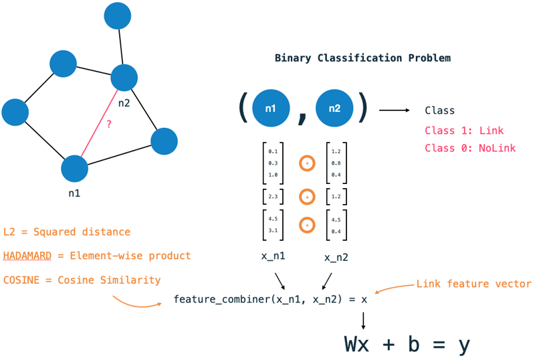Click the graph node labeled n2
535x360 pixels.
click(x=124, y=78)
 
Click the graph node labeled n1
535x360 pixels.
click(x=75, y=169)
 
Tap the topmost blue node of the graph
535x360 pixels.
click(x=118, y=16)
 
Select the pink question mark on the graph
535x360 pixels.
click(x=108, y=124)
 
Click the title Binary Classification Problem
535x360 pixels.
click(x=362, y=58)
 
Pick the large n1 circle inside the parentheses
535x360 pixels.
click(x=270, y=108)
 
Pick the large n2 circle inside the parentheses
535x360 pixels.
click(x=334, y=108)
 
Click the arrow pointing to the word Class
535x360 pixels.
click(x=395, y=110)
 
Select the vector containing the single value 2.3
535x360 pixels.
click(x=273, y=197)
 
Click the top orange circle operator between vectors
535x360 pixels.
click(x=306, y=163)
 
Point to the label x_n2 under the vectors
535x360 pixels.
click(x=336, y=257)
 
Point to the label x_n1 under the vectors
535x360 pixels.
click(x=274, y=256)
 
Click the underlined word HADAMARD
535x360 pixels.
click(x=27, y=256)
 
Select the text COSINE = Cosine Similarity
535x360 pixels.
click(x=82, y=279)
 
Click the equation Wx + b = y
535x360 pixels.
click(x=407, y=344)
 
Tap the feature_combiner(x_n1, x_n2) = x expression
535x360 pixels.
click(x=270, y=299)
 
